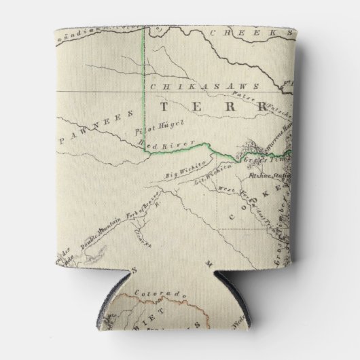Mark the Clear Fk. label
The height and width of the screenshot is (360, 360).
[x=141, y=238]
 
